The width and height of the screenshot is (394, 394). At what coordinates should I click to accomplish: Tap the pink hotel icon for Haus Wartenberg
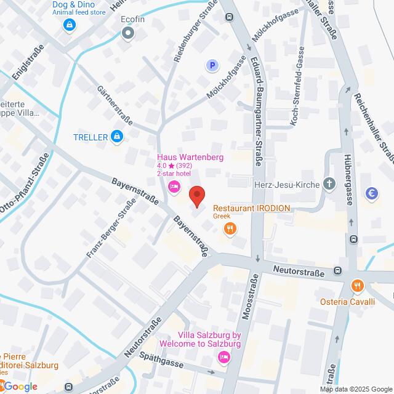tap(174, 187)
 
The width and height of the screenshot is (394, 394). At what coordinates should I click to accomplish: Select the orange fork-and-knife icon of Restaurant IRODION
tap(230, 229)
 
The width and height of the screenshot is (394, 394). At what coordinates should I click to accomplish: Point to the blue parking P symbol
tap(212, 65)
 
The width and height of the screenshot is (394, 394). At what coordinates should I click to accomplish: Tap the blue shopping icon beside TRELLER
tap(116, 137)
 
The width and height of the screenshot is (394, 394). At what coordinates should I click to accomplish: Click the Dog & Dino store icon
tap(69, 25)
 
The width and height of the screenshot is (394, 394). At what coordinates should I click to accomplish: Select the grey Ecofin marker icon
tap(128, 34)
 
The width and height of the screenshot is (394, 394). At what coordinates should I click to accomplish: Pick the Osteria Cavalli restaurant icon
tap(356, 286)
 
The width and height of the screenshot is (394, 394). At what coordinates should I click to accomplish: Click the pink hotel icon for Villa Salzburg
tap(224, 356)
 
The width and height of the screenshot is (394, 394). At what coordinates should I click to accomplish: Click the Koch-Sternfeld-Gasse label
tap(298, 86)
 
